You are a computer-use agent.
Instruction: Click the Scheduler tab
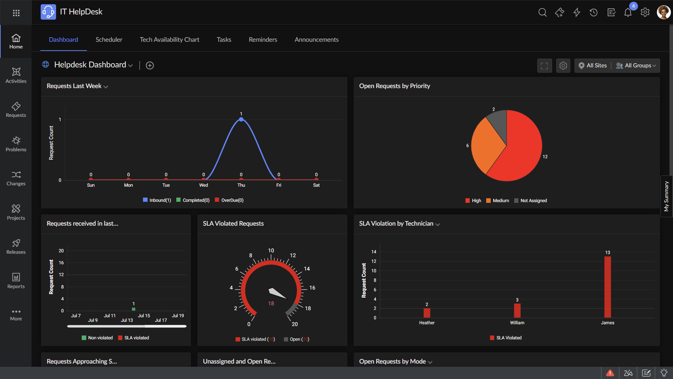coord(109,40)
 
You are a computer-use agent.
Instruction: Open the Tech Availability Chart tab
coord(169,40)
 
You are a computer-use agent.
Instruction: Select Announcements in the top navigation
coord(317,40)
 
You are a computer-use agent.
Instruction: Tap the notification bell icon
coord(628,13)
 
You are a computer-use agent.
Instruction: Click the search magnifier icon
coord(542,13)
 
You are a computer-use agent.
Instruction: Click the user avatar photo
coord(663,12)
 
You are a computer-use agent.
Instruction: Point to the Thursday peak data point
coord(241,119)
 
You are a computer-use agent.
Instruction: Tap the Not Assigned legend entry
coord(531,201)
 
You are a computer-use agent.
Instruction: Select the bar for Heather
coord(427,313)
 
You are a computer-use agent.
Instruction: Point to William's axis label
coord(517,323)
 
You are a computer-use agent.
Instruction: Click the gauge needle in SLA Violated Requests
coord(277,293)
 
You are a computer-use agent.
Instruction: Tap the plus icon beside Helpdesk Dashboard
coord(150,66)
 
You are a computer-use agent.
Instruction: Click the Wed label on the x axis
coord(204,185)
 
